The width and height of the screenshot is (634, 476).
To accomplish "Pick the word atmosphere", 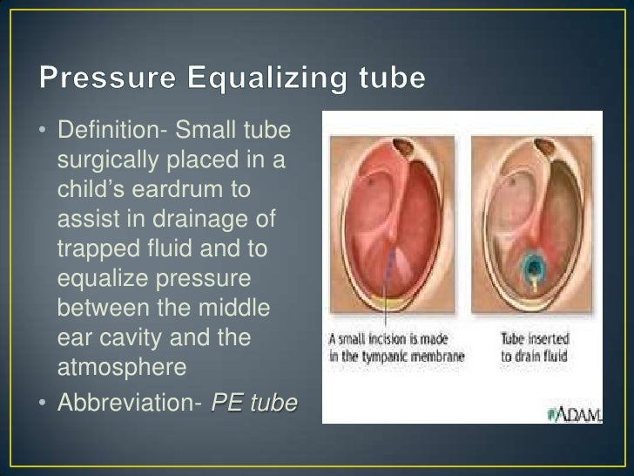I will pos(121,367).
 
